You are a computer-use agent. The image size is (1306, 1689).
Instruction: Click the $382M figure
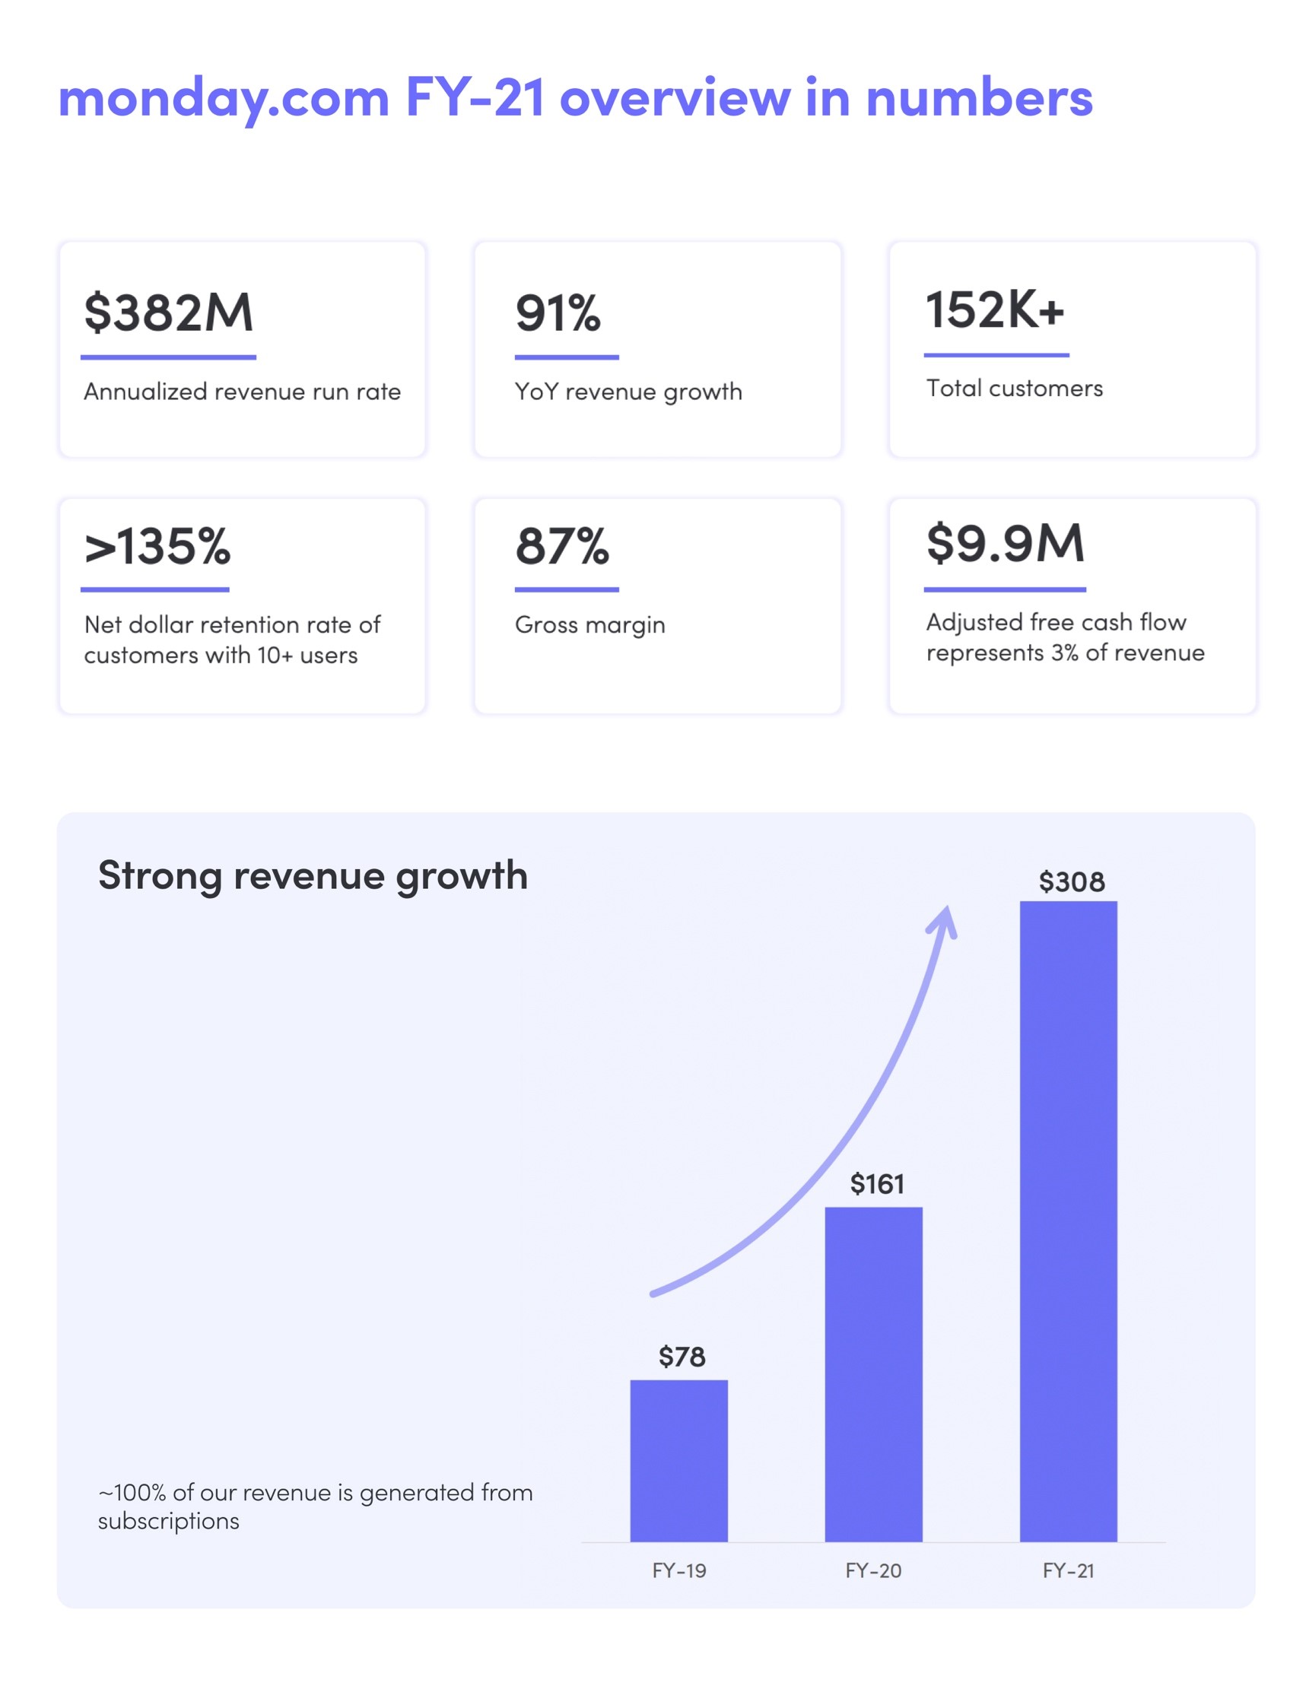[x=169, y=313]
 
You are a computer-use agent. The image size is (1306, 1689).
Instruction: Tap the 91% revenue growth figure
[x=558, y=313]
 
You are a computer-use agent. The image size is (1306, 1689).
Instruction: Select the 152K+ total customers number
[x=995, y=310]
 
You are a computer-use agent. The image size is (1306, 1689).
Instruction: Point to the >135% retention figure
[x=157, y=547]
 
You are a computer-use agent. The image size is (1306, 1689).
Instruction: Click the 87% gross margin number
[x=561, y=546]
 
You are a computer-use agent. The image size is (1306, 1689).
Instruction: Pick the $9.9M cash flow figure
[x=1005, y=543]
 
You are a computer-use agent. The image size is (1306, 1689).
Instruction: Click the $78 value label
[x=682, y=1357]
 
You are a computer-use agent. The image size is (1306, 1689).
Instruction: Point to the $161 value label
[x=876, y=1184]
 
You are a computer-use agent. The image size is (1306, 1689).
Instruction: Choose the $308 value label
[x=1072, y=881]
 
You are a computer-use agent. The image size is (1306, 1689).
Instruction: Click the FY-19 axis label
[x=678, y=1570]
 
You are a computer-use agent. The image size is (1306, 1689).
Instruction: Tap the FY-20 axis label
[x=873, y=1570]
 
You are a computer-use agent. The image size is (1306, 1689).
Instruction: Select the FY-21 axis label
[x=1068, y=1570]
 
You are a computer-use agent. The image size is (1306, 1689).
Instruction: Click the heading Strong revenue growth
[x=313, y=875]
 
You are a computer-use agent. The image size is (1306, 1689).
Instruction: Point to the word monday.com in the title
[x=224, y=98]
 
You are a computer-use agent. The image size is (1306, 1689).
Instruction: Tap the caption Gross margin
[x=589, y=625]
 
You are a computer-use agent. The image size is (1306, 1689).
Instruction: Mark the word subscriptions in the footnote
[x=169, y=1521]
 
